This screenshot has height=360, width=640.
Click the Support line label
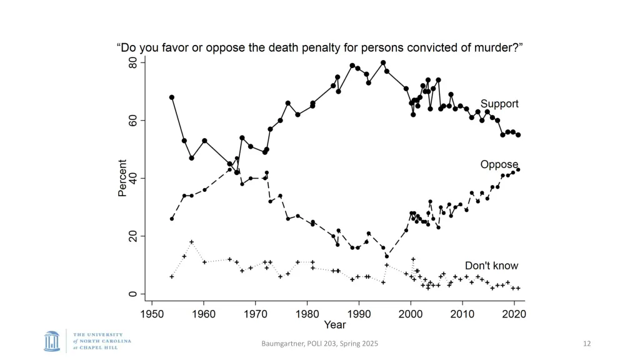499,104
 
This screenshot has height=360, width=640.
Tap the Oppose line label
499,165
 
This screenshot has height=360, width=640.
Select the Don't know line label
491,266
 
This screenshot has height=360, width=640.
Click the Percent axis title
122,178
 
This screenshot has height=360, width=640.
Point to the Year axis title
335,325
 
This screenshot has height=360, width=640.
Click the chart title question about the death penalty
319,47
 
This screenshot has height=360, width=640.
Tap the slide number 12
586,343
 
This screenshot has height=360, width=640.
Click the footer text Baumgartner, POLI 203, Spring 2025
319,343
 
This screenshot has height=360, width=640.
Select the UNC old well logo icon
52,341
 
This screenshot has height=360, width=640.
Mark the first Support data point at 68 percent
172,97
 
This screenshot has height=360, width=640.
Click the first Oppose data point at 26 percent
172,219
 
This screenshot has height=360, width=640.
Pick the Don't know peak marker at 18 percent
192,242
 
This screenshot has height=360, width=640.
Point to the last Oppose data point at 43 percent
518,169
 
